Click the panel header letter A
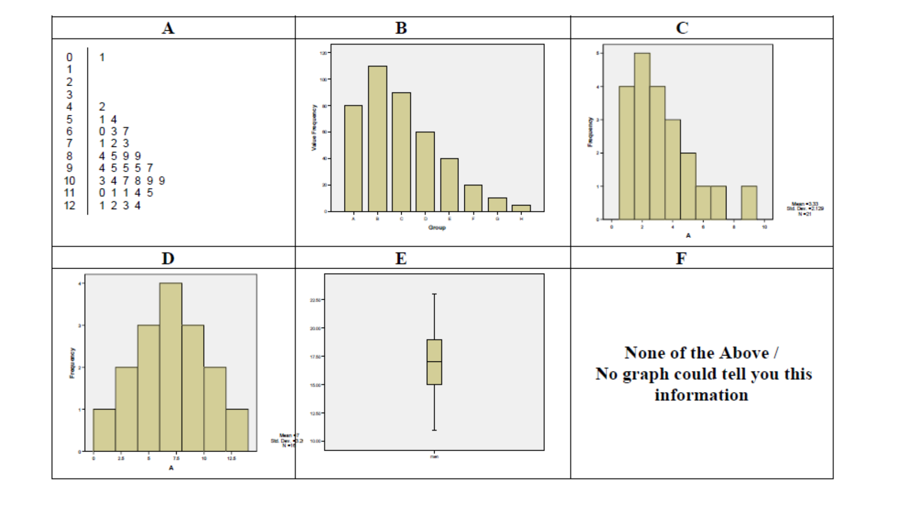click(168, 28)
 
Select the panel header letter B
click(401, 28)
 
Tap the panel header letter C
click(682, 28)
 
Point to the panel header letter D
click(168, 258)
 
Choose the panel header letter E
click(401, 258)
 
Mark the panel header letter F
click(681, 258)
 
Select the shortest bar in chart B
click(521, 208)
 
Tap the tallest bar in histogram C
click(642, 135)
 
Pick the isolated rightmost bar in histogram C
click(749, 202)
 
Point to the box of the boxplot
click(434, 362)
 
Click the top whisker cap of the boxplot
click(434, 294)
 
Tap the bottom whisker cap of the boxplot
click(434, 430)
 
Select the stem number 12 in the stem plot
click(69, 206)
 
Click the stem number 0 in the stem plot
click(69, 57)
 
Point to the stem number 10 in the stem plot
click(69, 181)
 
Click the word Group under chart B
click(437, 228)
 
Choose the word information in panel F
click(701, 395)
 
